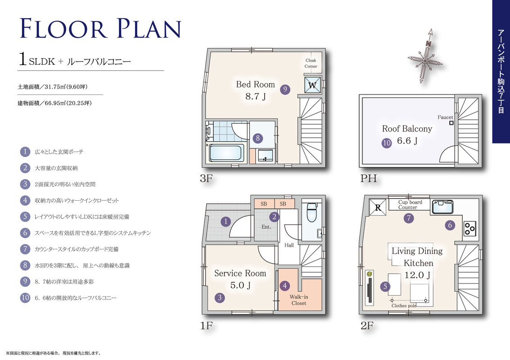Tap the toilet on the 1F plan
[x=311, y=212]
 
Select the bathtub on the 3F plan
[x=226, y=153]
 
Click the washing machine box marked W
[x=312, y=85]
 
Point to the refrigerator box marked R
[x=378, y=207]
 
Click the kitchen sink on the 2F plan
[x=442, y=207]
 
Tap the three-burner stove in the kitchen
[x=469, y=228]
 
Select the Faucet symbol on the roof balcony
[x=451, y=123]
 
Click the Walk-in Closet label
[x=298, y=300]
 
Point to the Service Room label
[x=240, y=274]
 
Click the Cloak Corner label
[x=311, y=63]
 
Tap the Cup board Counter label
[x=410, y=205]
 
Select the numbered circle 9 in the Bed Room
[x=285, y=90]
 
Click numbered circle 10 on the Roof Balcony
[x=386, y=143]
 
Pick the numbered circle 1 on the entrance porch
[x=226, y=222]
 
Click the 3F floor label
[x=206, y=178]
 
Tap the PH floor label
[x=369, y=178]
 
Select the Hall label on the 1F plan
[x=289, y=245]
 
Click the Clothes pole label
[x=404, y=306]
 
